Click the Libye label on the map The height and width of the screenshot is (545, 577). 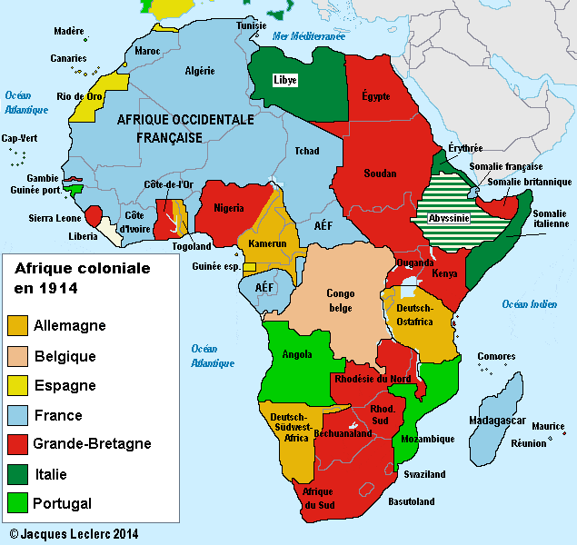tap(285, 80)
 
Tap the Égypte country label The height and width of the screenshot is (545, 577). tap(376, 94)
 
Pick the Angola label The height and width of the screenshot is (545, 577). tap(297, 354)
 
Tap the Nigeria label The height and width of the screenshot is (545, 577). tap(228, 208)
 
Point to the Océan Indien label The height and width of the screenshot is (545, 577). tap(530, 304)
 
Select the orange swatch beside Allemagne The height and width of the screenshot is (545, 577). tap(18, 326)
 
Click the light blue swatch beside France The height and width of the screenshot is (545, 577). tap(18, 415)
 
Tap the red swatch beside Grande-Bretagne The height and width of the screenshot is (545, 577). tap(18, 444)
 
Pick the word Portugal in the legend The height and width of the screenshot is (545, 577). tap(63, 503)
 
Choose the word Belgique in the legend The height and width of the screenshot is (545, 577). tap(65, 356)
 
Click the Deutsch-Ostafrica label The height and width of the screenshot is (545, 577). tap(414, 314)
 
